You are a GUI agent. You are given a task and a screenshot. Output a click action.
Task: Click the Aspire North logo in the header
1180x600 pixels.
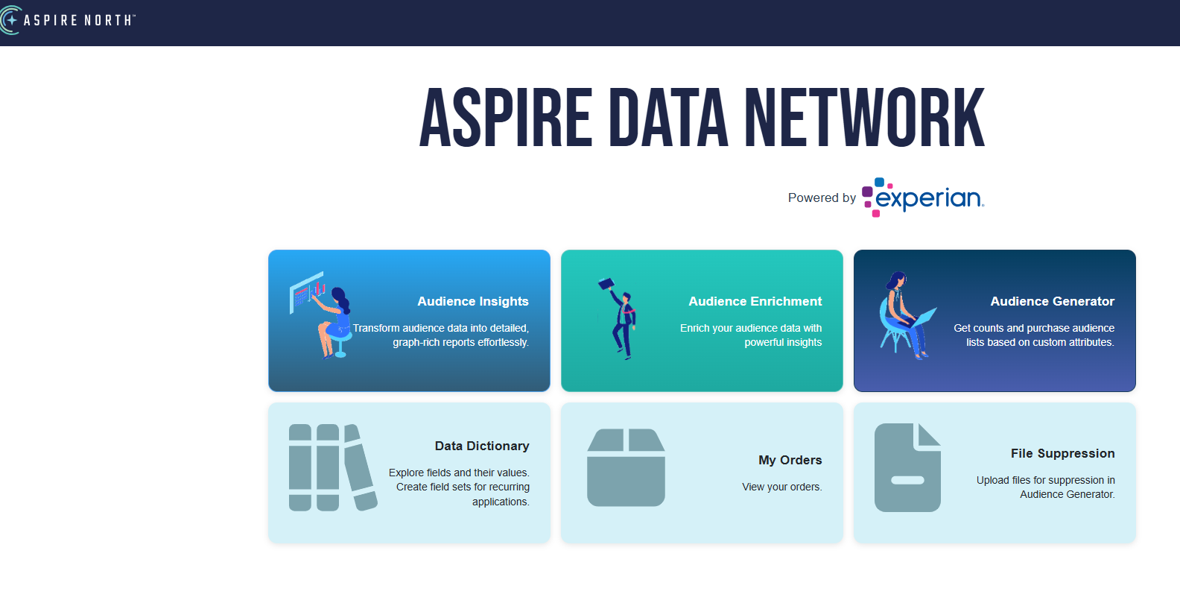pyautogui.click(x=68, y=20)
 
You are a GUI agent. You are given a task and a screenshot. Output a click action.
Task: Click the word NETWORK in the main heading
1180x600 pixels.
pyautogui.click(x=864, y=119)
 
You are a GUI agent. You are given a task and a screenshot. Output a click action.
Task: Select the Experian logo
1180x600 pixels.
pyautogui.click(x=923, y=198)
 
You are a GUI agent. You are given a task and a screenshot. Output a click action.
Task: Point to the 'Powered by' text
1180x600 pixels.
pyautogui.click(x=822, y=198)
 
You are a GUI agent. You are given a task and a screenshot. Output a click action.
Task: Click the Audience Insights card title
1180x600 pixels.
pyautogui.click(x=472, y=301)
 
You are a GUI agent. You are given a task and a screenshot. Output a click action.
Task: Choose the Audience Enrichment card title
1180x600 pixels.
pyautogui.click(x=755, y=301)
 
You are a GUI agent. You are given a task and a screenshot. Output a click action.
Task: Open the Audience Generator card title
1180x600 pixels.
pyautogui.click(x=1052, y=301)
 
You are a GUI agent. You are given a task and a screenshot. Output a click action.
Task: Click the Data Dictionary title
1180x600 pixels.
pyautogui.click(x=482, y=446)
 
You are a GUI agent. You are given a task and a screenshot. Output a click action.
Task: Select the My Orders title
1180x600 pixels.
pyautogui.click(x=790, y=460)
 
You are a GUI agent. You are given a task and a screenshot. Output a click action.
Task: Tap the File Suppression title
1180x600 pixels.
pyautogui.click(x=1062, y=453)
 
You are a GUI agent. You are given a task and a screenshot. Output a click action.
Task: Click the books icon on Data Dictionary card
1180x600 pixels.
pyautogui.click(x=332, y=467)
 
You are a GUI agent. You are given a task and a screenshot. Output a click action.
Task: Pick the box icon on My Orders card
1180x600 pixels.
pyautogui.click(x=626, y=467)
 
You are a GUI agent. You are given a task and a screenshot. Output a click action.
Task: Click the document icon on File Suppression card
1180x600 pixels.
pyautogui.click(x=907, y=467)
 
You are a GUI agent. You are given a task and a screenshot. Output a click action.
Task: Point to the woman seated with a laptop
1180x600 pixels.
pyautogui.click(x=904, y=316)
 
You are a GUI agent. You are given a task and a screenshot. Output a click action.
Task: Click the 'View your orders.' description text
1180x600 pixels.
pyautogui.click(x=781, y=487)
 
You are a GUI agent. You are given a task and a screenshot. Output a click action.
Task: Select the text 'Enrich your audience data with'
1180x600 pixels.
pyautogui.click(x=750, y=328)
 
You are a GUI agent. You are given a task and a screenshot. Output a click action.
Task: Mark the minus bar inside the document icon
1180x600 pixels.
pyautogui.click(x=907, y=480)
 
